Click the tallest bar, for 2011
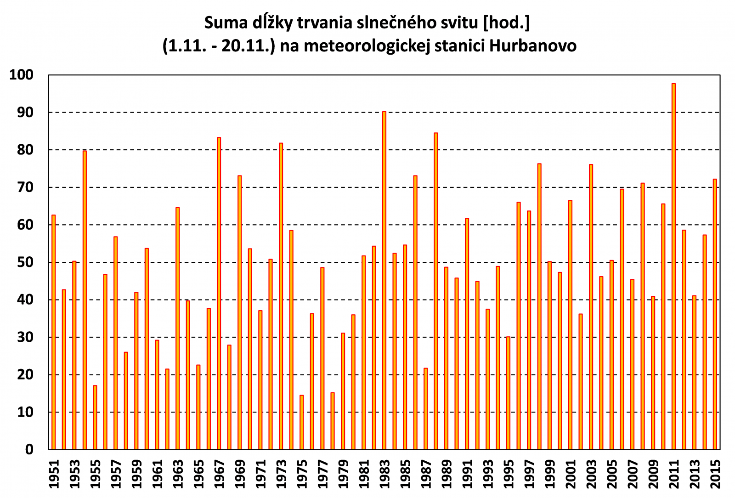coord(673,266)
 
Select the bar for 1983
coord(384,280)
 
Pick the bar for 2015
coord(715,314)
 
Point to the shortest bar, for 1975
coord(301,422)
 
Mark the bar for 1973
coord(281,296)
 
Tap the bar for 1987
coord(425,409)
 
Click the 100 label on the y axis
coord(22,75)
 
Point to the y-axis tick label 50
coord(26,262)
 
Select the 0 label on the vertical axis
coord(29,450)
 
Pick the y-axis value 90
coord(26,113)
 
